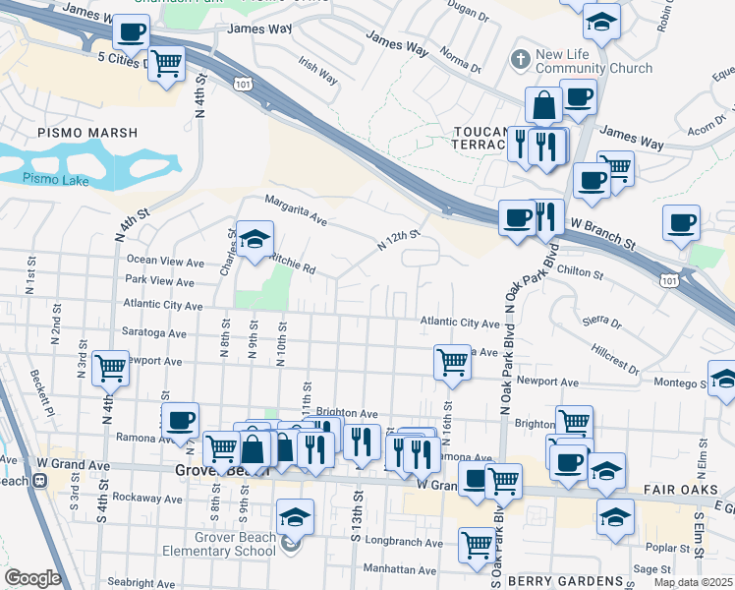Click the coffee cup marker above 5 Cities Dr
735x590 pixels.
coord(131,30)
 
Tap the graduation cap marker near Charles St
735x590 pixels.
coord(254,238)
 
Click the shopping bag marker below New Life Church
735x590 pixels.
coord(542,104)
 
